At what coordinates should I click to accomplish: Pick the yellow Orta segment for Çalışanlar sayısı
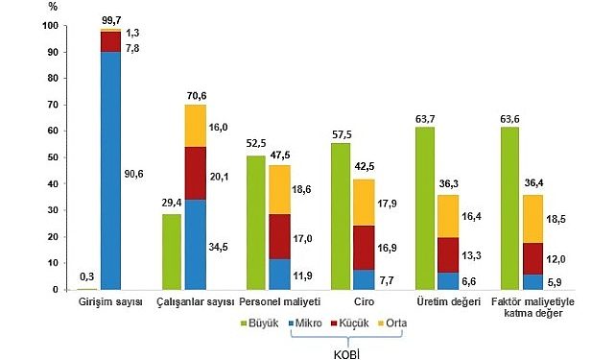point(196,126)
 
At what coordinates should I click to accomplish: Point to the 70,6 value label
point(196,95)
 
